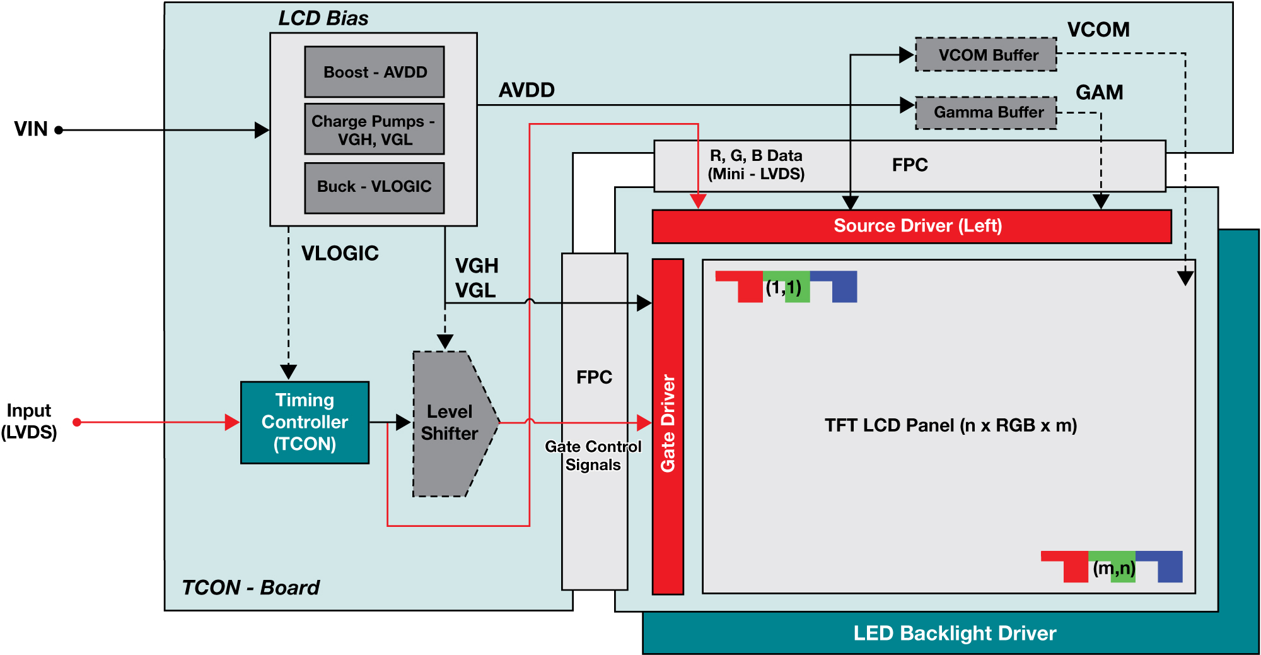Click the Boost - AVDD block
tap(375, 72)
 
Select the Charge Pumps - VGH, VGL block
tap(375, 129)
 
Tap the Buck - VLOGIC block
tap(375, 187)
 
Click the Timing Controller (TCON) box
tap(305, 422)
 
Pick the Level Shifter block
tap(450, 423)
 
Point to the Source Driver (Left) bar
tap(912, 226)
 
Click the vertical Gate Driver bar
tap(668, 426)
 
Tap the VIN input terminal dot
tap(59, 130)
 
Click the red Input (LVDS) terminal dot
tap(77, 422)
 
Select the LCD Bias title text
tap(323, 18)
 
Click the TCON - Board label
tap(250, 587)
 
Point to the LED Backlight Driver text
tap(954, 633)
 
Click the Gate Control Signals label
tap(593, 456)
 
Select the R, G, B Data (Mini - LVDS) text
tap(756, 165)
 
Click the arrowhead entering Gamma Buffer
tap(907, 105)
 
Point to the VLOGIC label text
tap(340, 253)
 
